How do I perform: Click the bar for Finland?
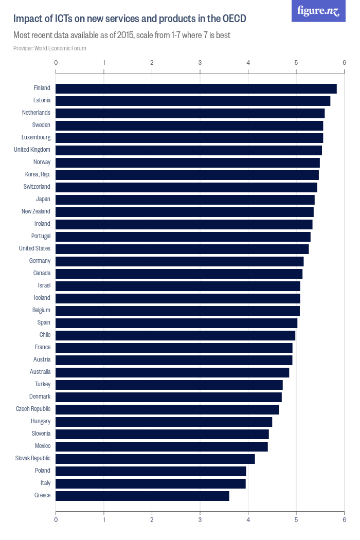pos(196,88)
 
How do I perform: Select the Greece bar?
pos(142,496)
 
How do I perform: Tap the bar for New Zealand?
pos(185,212)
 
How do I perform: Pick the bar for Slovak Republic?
pos(155,459)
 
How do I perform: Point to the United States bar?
pos(182,249)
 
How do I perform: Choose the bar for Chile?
pos(175,335)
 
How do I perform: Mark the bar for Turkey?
pos(169,385)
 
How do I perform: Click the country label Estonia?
pos(41,100)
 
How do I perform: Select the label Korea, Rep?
pos(38,174)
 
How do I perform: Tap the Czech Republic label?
pos(33,409)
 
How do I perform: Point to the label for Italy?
pos(45,483)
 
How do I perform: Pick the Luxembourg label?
pos(36,137)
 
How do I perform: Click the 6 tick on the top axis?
pos(344,63)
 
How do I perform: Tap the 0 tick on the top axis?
pos(56,63)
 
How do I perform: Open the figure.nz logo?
pos(318,11)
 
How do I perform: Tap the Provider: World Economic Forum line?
pos(50,48)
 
